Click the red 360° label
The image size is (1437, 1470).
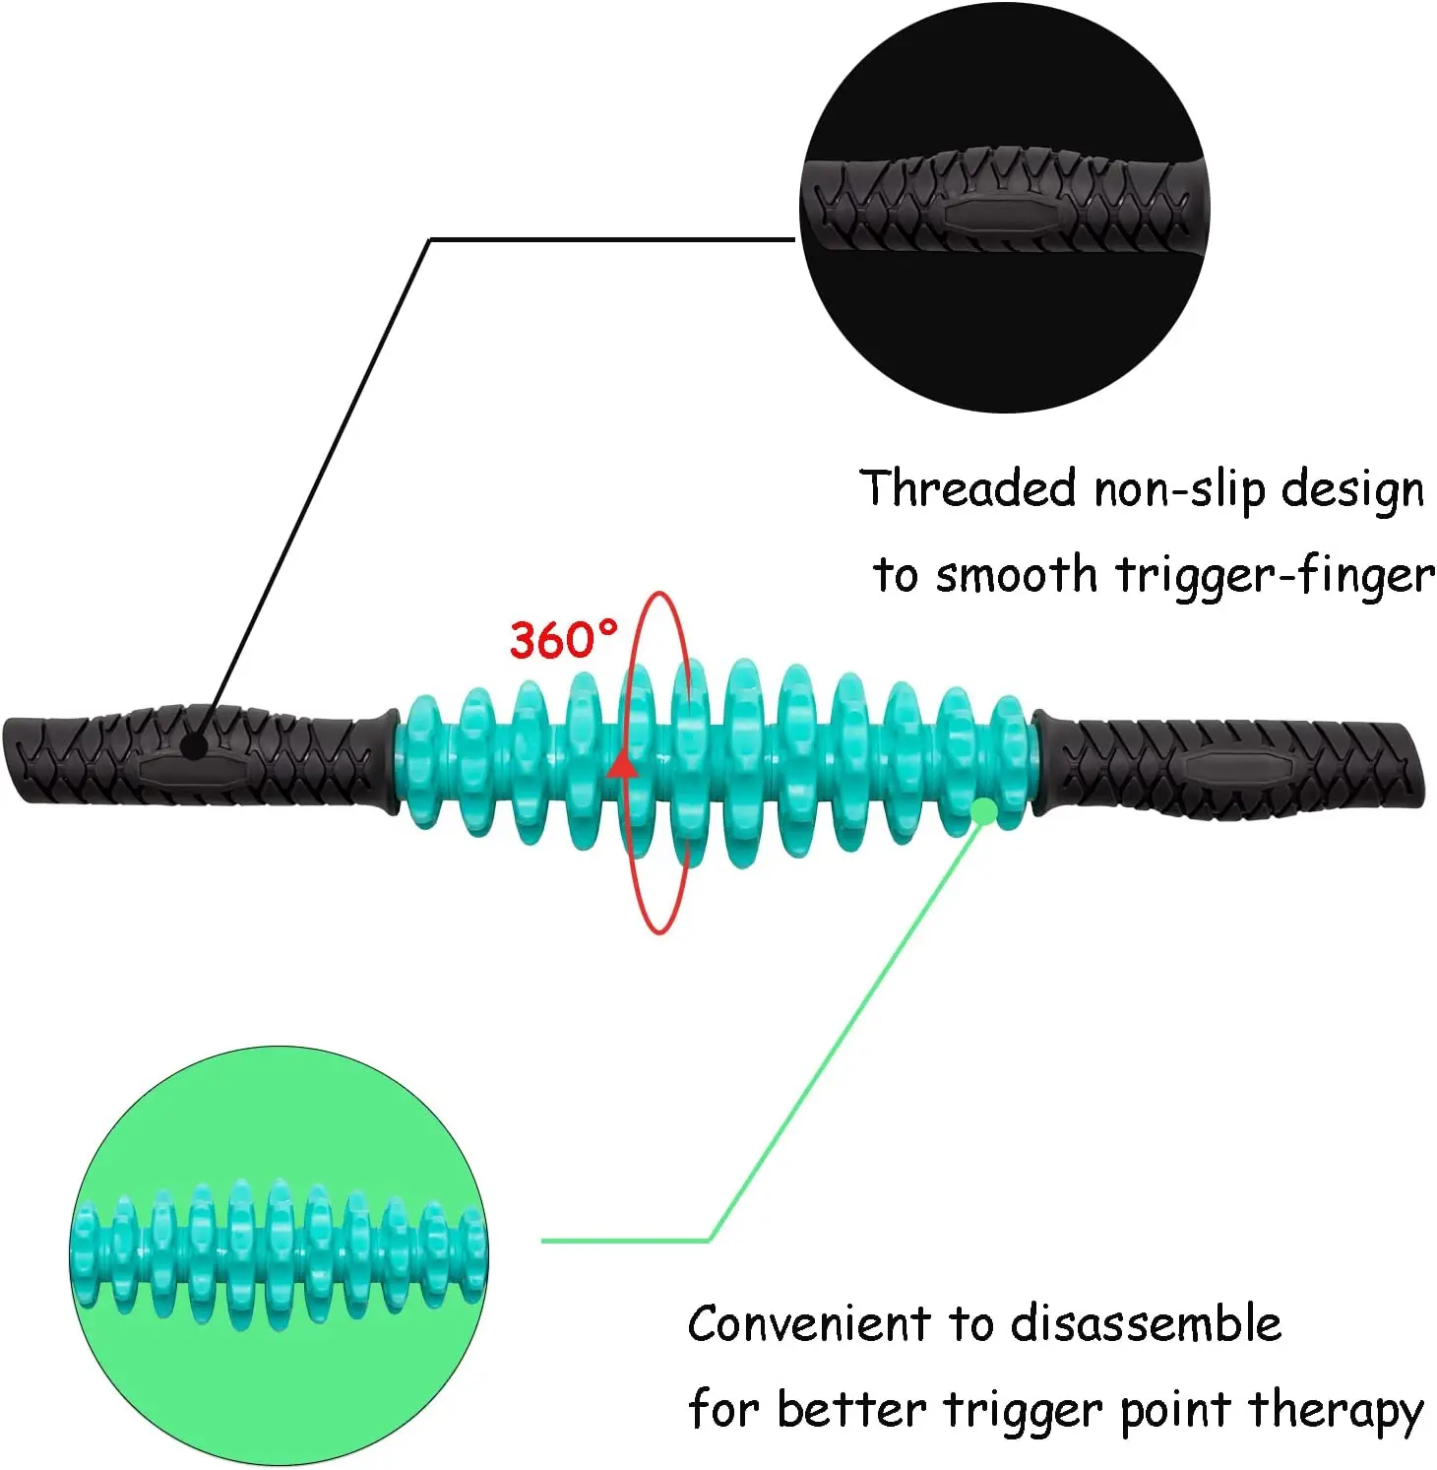coord(563,640)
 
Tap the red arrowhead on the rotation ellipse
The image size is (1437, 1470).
coord(621,764)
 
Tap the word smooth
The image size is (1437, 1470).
coord(1015,575)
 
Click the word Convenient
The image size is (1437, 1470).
coord(808,1324)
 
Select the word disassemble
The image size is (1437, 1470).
coord(1146,1324)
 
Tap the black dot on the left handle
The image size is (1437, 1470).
coord(196,745)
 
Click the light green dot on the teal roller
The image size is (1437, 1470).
coord(982,810)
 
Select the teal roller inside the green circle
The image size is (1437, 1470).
coord(279,1251)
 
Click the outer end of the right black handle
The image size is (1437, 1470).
coord(1412,766)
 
